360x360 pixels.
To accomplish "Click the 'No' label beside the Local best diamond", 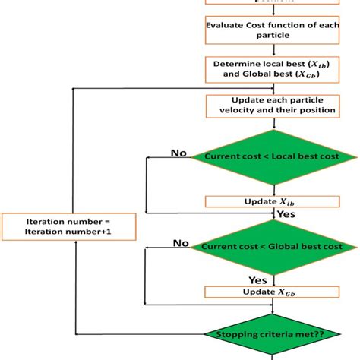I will click(179, 153).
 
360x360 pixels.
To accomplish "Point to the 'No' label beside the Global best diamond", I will click(182, 242).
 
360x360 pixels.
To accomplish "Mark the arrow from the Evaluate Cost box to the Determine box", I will click(272, 50).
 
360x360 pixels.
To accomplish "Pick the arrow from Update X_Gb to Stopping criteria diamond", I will click(272, 307).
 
